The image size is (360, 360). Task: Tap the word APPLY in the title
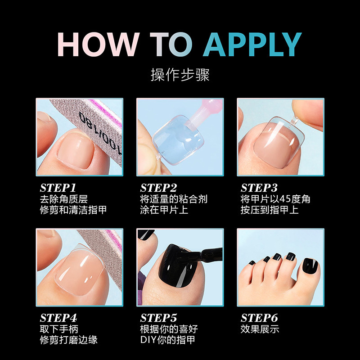point(252,44)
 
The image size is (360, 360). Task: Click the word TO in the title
point(171,44)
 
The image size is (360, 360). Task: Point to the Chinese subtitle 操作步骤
point(180,75)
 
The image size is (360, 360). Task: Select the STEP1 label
point(58,188)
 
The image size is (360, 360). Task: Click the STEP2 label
point(159,188)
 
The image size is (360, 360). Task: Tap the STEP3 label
point(259,188)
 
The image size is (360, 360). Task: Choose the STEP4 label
point(58,318)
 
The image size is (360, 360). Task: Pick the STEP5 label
point(159,318)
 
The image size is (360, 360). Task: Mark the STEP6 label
point(259,318)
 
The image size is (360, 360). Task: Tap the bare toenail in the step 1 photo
point(76,150)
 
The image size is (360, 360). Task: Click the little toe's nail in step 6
point(252,263)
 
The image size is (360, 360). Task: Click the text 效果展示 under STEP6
point(260,329)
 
